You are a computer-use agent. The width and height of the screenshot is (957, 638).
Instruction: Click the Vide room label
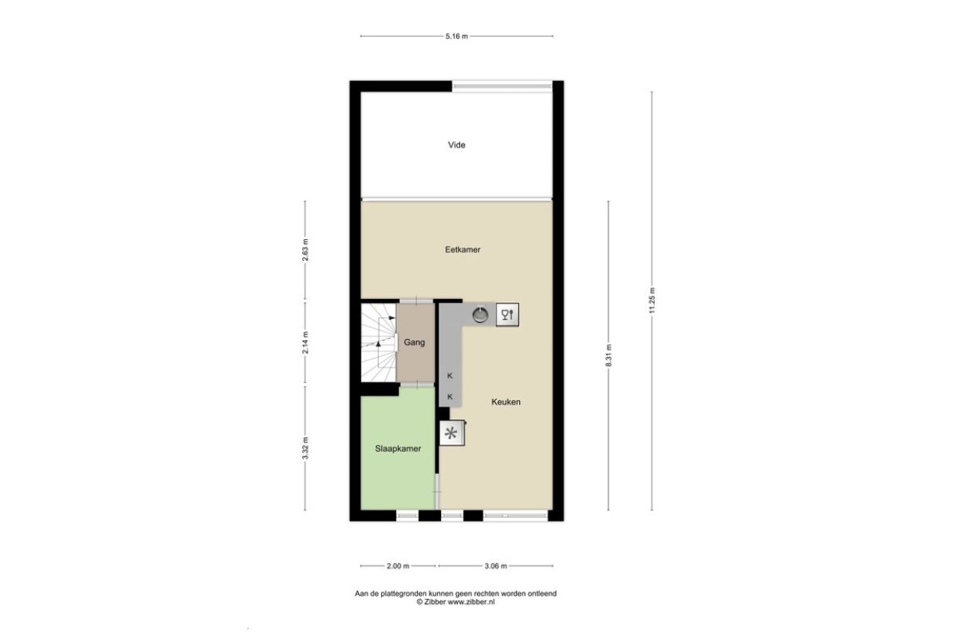(x=456, y=145)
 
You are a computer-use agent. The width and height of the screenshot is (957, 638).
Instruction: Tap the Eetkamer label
(x=463, y=250)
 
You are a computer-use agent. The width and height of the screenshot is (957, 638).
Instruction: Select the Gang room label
(x=415, y=342)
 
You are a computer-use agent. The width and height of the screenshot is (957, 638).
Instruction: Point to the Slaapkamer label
(x=398, y=449)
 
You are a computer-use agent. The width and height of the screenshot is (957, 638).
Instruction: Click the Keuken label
(x=506, y=402)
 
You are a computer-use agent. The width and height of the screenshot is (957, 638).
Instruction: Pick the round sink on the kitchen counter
(x=481, y=314)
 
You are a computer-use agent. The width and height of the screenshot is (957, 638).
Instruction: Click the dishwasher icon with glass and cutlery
(x=507, y=314)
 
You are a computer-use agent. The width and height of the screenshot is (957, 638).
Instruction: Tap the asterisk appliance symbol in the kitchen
(x=451, y=433)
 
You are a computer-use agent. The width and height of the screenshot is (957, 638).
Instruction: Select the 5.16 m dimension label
(x=457, y=37)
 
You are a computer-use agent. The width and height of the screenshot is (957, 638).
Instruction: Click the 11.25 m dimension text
(x=652, y=301)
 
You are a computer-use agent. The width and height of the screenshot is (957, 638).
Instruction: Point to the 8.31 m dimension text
(x=608, y=355)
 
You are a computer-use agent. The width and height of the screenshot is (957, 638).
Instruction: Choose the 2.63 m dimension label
(x=305, y=250)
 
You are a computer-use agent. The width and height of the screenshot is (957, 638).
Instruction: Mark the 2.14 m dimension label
(x=305, y=343)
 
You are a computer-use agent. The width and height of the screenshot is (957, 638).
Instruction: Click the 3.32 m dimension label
(x=305, y=448)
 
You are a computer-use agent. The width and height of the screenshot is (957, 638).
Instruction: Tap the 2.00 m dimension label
(x=398, y=565)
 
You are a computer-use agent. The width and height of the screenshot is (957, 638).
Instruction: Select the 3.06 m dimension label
(x=495, y=565)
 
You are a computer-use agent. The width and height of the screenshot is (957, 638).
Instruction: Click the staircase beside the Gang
(x=379, y=343)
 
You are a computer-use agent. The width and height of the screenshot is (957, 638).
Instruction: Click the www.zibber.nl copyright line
(x=456, y=601)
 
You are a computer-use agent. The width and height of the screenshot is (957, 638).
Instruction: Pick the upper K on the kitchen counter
(x=450, y=376)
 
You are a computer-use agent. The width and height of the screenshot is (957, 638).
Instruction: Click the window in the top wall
(x=502, y=86)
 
